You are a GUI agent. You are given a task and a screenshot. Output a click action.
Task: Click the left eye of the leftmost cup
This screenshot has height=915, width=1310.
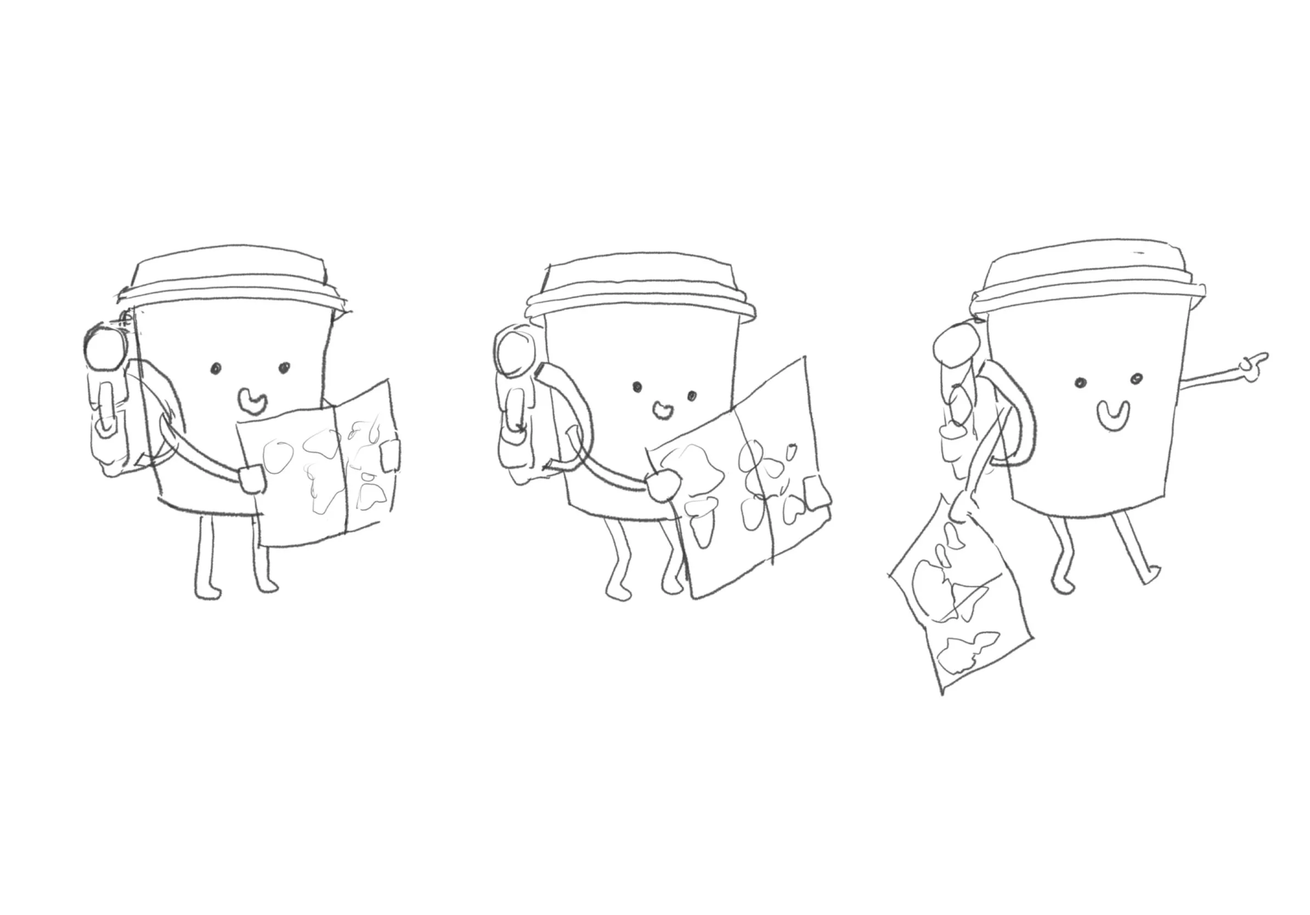216,369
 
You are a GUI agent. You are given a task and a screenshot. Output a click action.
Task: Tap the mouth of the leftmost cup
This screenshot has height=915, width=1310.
251,402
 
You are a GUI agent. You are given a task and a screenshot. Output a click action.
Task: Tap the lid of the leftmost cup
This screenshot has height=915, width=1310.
231,280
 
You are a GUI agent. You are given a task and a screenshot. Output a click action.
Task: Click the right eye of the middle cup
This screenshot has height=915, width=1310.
692,396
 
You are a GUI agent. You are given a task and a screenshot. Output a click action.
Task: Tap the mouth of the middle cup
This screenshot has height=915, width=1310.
663,409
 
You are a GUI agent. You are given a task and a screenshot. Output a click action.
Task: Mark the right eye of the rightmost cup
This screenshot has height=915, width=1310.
1136,378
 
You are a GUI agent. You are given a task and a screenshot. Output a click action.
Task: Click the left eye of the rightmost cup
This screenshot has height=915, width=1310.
1080,383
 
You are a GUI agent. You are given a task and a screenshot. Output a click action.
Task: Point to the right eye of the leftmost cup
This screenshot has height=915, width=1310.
284,368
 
